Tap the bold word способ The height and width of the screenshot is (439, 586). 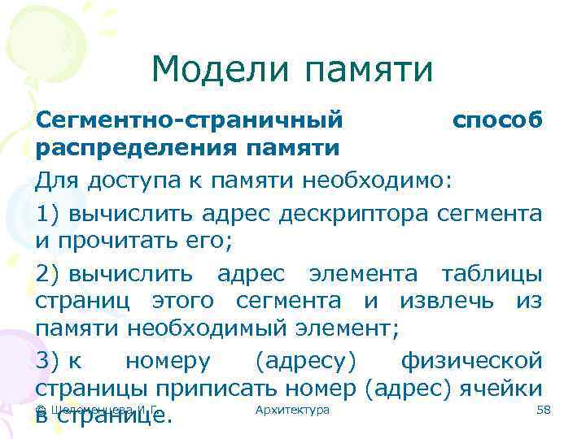(497, 120)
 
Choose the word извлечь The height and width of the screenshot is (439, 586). (446, 300)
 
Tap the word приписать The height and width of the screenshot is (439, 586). (216, 388)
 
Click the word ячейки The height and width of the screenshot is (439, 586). (503, 388)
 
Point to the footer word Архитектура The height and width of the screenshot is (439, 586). (292, 410)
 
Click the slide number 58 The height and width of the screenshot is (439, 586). (544, 410)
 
